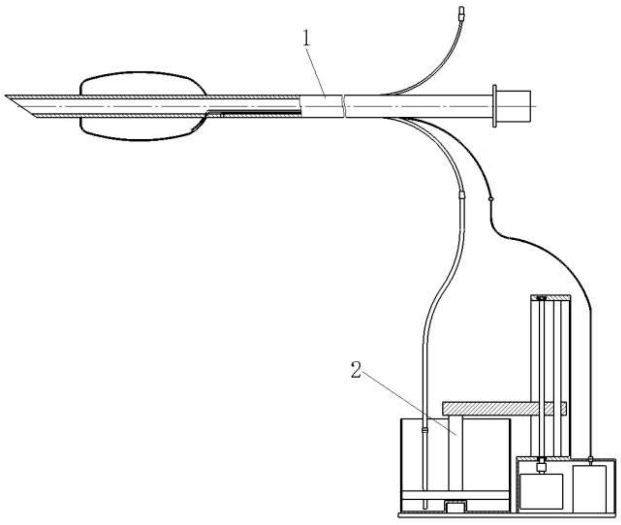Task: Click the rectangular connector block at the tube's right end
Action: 514,106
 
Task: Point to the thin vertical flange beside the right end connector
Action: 495,106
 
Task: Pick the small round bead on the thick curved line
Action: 490,199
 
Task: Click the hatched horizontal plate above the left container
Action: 505,408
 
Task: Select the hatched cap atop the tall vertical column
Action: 551,298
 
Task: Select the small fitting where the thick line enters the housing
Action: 591,461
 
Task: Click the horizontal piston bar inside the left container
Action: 455,495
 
